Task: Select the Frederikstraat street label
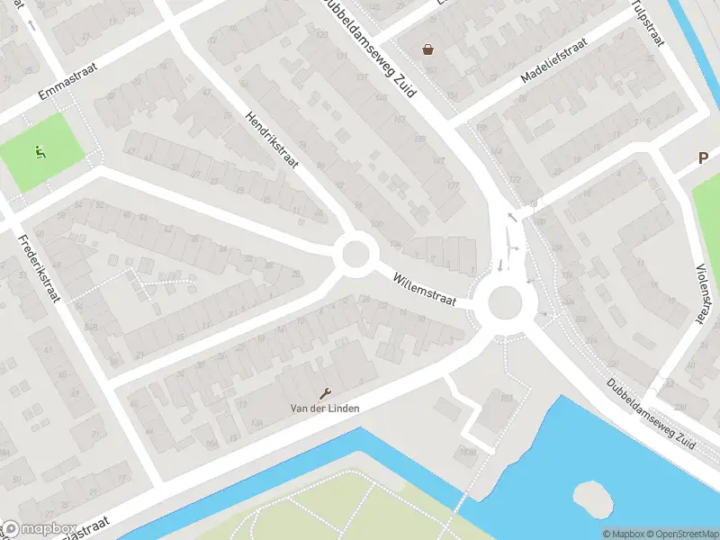[x=37, y=268]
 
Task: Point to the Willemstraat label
[x=425, y=289]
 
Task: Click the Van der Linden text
[x=324, y=408]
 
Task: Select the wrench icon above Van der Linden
[x=325, y=392]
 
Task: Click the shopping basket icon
[x=427, y=49]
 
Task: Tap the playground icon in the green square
[x=39, y=152]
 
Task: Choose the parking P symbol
[x=704, y=158]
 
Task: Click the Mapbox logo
[x=40, y=529]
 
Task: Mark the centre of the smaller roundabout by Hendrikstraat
[x=355, y=253]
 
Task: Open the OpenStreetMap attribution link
[x=681, y=533]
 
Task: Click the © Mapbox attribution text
[x=624, y=533]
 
